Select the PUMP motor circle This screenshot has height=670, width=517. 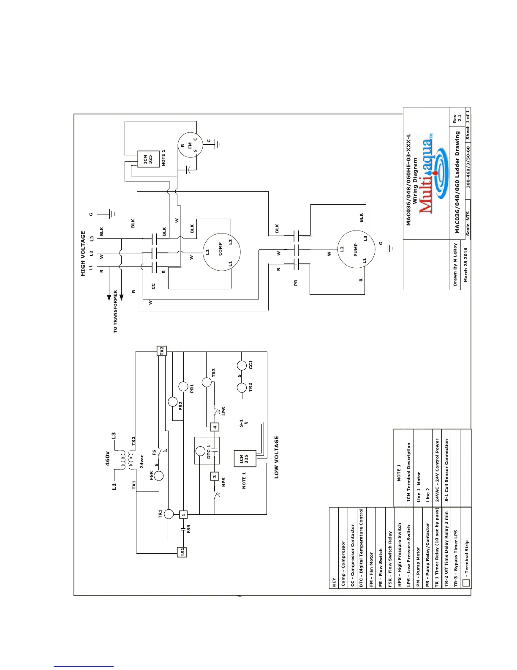click(x=356, y=249)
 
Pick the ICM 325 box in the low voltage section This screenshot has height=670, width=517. click(x=245, y=459)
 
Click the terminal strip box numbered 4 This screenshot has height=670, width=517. click(x=215, y=427)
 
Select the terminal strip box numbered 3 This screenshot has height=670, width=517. click(x=215, y=477)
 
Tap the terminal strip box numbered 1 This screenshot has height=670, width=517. click(x=183, y=515)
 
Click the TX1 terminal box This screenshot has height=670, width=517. click(x=182, y=552)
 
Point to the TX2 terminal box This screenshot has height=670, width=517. click(x=162, y=351)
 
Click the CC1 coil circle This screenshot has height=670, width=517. click(x=242, y=366)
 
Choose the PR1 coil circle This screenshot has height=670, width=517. click(x=183, y=387)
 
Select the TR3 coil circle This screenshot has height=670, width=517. click(x=207, y=382)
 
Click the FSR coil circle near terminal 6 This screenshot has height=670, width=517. click(x=159, y=476)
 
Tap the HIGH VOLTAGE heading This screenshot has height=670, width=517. click(x=83, y=253)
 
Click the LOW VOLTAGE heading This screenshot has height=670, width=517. click(x=277, y=457)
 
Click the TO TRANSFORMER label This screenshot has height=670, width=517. click(x=115, y=311)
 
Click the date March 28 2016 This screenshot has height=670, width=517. click(x=465, y=265)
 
